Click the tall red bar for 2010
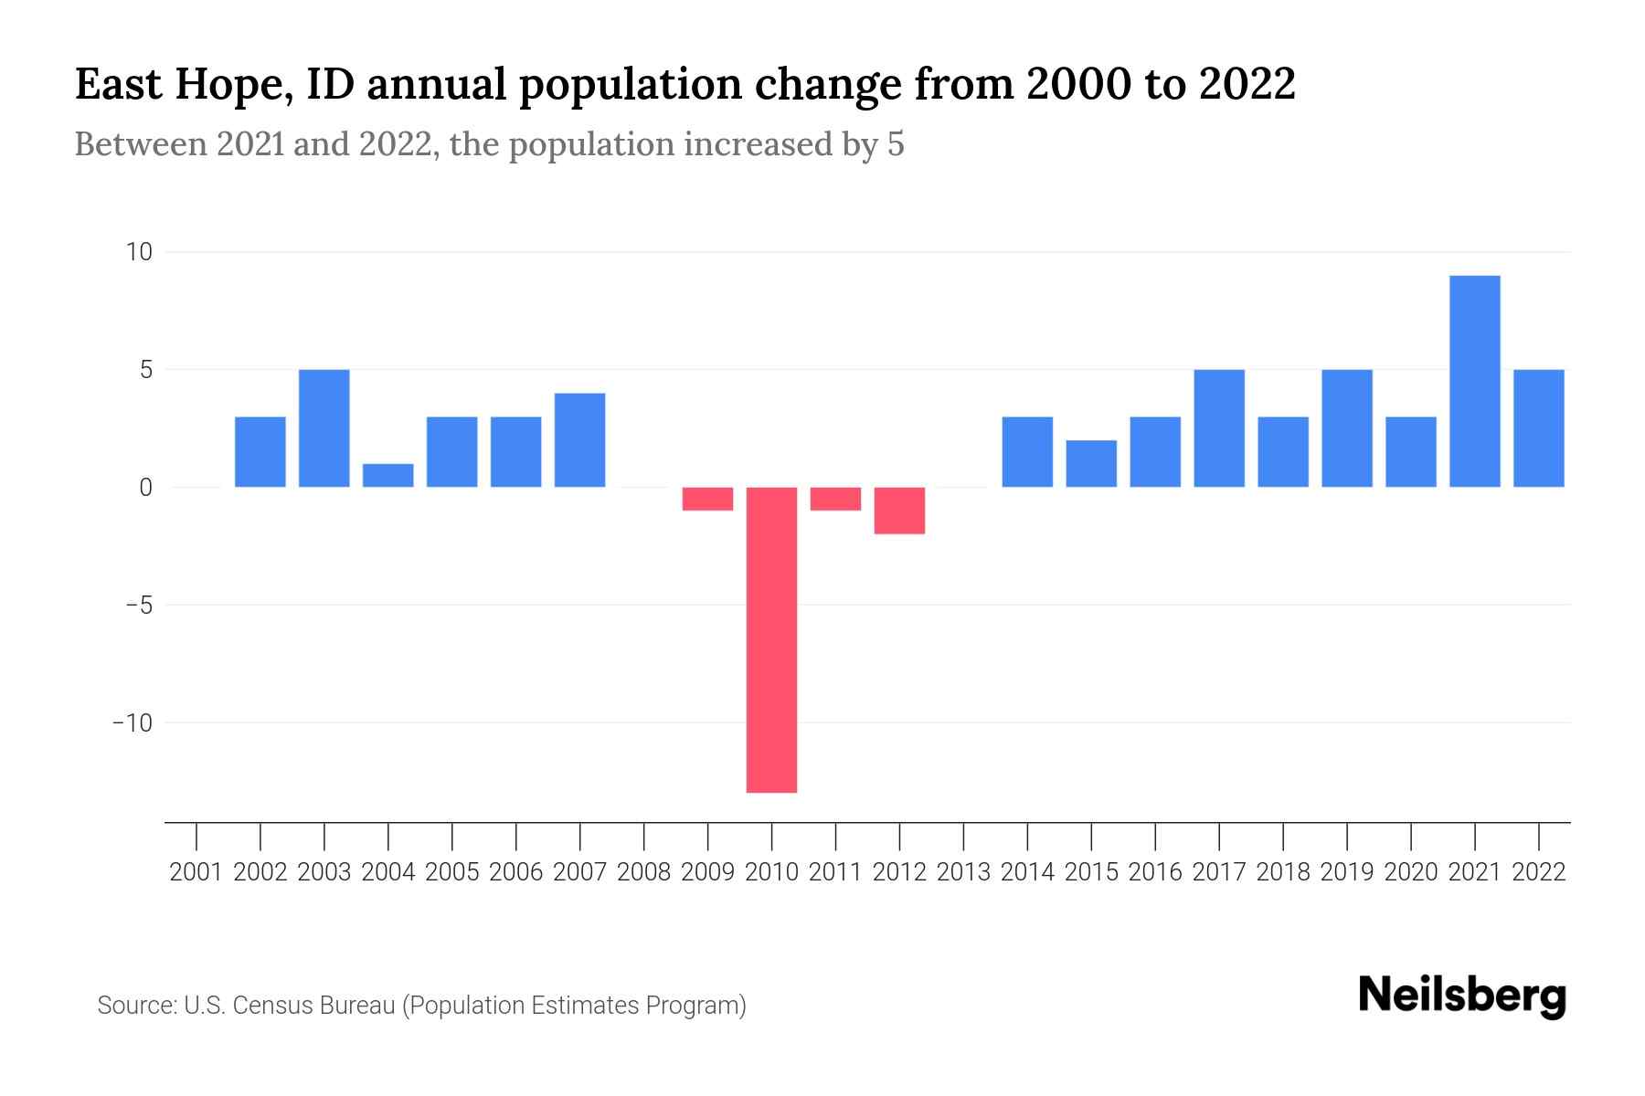click(x=771, y=639)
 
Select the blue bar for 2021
click(x=1475, y=381)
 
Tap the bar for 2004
click(x=388, y=476)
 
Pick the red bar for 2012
click(x=899, y=511)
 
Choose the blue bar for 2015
click(x=1091, y=464)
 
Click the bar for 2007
click(x=580, y=440)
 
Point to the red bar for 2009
click(x=708, y=499)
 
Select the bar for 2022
click(x=1539, y=428)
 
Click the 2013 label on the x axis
click(x=963, y=872)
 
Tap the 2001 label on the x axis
click(x=196, y=872)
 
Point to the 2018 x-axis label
click(x=1283, y=872)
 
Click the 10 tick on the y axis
click(x=139, y=252)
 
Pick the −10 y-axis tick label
click(x=132, y=723)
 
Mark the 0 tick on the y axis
click(x=145, y=488)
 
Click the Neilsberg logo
click(x=1462, y=996)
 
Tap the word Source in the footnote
click(x=136, y=1006)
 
